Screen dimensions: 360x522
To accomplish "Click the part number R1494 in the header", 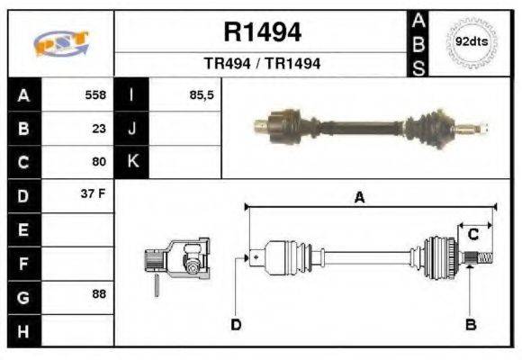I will [262, 32].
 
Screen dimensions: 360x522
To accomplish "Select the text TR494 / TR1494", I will [262, 64].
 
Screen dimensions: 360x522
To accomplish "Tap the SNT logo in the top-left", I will [60, 43].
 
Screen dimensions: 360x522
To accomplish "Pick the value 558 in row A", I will [95, 94].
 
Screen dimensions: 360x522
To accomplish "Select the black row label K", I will [132, 163].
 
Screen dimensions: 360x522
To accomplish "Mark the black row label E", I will [23, 229].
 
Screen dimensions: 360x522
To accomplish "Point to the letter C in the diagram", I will [472, 235].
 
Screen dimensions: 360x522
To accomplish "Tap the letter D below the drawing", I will [236, 324].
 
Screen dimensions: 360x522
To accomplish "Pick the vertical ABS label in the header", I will [418, 42].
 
